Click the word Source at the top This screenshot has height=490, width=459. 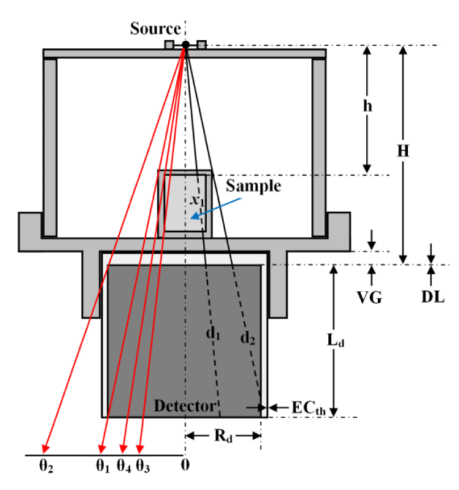155,29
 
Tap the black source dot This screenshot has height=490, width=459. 186,45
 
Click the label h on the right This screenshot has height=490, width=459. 368,105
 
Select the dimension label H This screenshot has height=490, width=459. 402,151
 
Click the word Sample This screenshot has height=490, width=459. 253,185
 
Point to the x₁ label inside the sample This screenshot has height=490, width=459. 196,199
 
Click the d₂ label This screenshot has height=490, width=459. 249,339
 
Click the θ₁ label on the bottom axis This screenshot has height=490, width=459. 102,467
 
